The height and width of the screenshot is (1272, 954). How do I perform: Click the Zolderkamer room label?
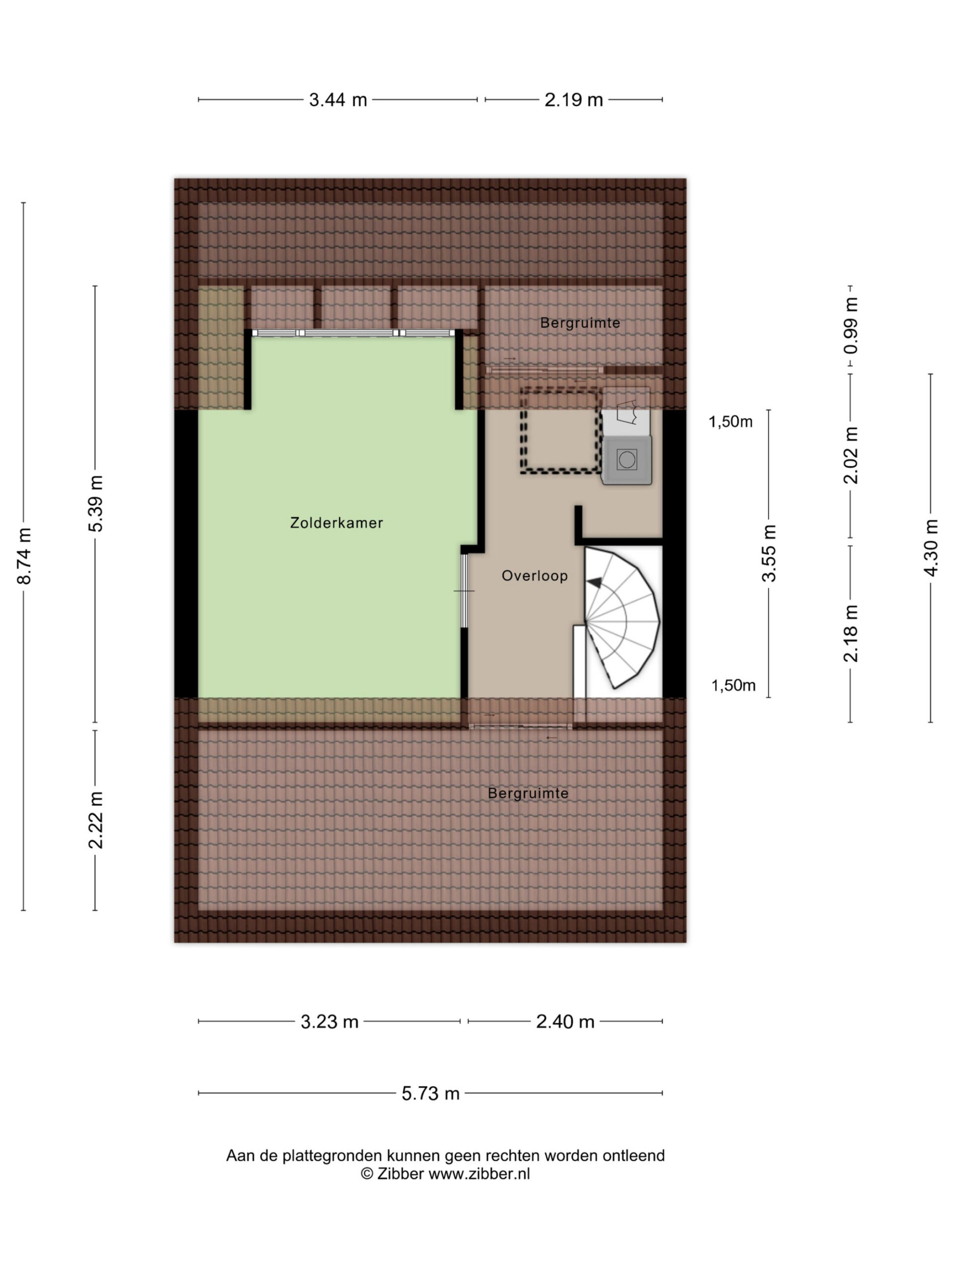[336, 523]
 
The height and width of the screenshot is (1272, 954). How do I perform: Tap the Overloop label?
[535, 575]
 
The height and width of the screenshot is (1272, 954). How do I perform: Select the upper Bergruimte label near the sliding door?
[580, 323]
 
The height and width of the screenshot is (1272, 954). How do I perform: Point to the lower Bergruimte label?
[528, 794]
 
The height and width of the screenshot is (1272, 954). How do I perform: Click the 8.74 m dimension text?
[24, 556]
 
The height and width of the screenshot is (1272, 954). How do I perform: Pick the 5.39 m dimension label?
[96, 504]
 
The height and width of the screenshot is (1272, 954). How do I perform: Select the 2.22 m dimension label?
[96, 820]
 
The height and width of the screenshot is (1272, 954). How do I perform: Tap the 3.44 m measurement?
[338, 100]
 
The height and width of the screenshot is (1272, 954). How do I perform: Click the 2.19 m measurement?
[574, 100]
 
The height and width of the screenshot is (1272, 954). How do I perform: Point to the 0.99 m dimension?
[852, 326]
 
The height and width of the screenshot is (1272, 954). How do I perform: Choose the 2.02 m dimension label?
[852, 456]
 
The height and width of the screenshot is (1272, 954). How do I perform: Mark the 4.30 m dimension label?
[932, 548]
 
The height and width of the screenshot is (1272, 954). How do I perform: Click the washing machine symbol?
[627, 460]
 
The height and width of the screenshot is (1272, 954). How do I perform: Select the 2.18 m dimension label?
[852, 633]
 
